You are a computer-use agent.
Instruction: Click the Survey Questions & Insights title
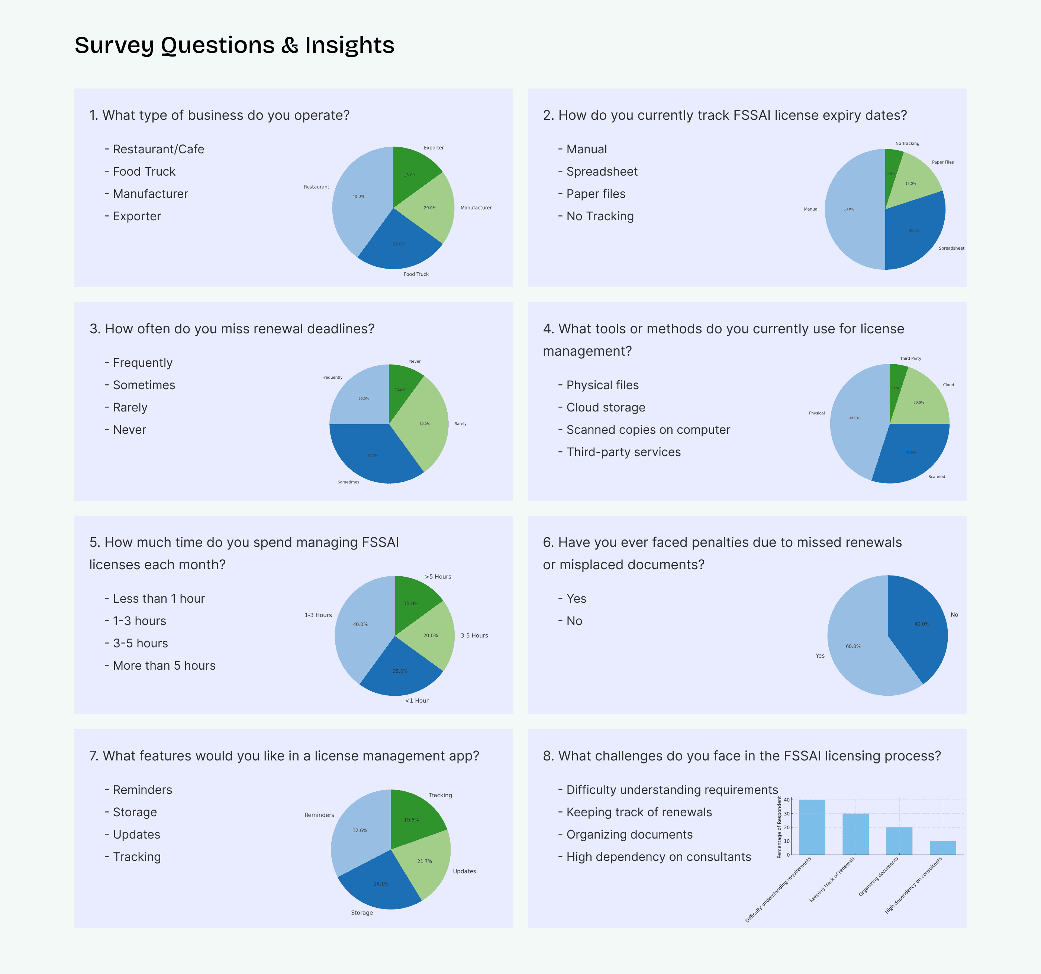click(x=234, y=45)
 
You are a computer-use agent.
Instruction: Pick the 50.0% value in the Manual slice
click(x=848, y=209)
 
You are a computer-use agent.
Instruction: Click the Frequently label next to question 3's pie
click(x=332, y=377)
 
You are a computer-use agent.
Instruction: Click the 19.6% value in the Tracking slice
click(x=411, y=820)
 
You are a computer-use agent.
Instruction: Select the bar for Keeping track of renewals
click(x=855, y=834)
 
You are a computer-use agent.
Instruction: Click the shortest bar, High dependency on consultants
click(x=942, y=848)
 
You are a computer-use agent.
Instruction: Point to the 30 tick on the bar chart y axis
click(x=786, y=814)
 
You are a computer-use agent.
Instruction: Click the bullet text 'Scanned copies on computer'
click(x=648, y=430)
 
